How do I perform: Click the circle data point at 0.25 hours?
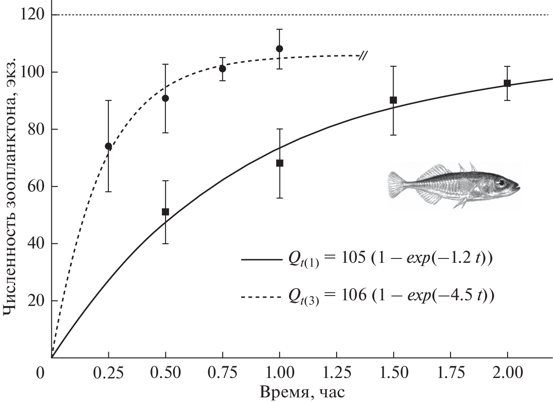[x=108, y=146]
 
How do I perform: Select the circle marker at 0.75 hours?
[x=222, y=69]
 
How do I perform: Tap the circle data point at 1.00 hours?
[x=280, y=49]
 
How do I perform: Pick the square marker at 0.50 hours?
[x=165, y=212]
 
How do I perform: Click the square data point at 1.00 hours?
[x=280, y=163]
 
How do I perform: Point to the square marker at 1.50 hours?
[x=393, y=100]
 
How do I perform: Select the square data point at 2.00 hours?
[x=507, y=83]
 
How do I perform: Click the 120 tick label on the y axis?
[x=32, y=15]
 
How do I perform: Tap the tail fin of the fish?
[x=396, y=185]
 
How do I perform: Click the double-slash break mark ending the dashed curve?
[x=363, y=56]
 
